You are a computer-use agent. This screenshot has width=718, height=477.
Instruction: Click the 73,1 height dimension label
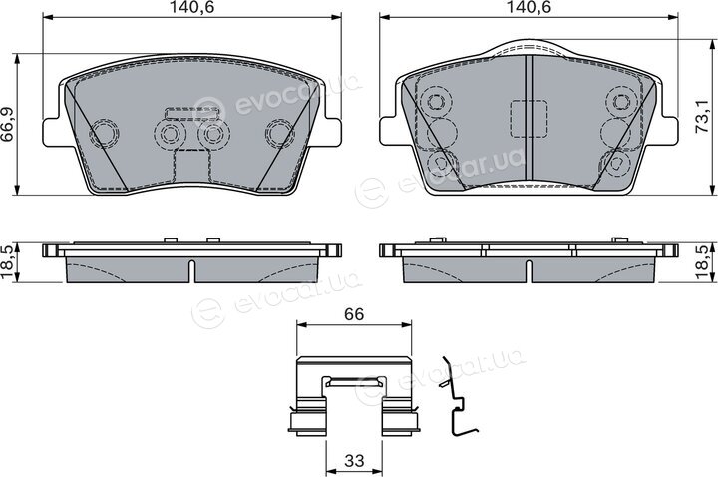pos(705,117)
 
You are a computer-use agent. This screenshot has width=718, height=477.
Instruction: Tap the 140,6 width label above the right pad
pos(529,6)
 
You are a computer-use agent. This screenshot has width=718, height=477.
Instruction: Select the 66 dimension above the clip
pos(354,314)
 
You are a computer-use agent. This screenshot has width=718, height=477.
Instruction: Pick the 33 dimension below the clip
pos(354,460)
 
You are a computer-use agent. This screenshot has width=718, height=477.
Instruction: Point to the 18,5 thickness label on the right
pos(706,262)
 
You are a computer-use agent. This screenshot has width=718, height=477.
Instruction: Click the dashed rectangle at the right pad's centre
pos(529,119)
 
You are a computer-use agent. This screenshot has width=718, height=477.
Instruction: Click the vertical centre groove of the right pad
pos(529,118)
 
